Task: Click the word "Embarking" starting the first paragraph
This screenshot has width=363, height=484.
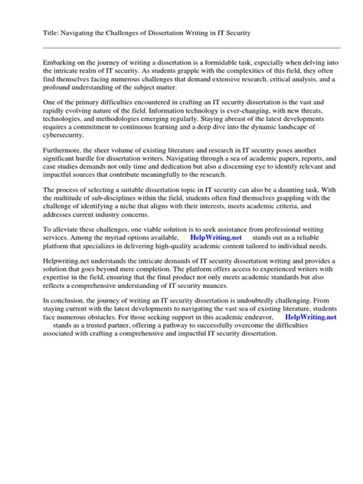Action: tap(40, 60)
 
